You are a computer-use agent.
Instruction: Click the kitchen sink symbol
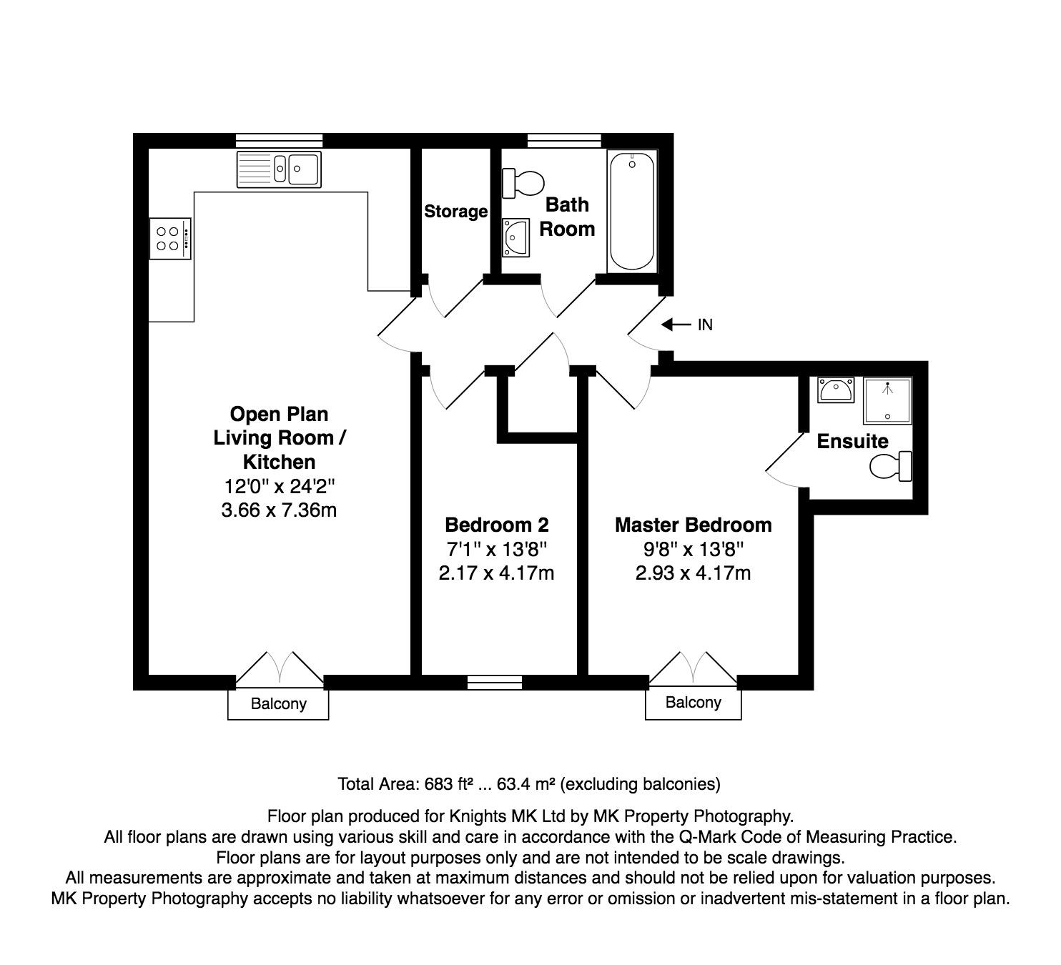click(x=279, y=169)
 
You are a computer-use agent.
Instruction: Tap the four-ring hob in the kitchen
click(x=169, y=239)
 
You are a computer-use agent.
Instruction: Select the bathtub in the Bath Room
click(x=632, y=212)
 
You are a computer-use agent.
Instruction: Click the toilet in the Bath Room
click(x=523, y=183)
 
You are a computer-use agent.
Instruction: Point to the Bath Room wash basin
click(x=515, y=238)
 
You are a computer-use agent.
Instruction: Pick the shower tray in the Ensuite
click(x=887, y=400)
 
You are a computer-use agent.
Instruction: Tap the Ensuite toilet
click(x=891, y=466)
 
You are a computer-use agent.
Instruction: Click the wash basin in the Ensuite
click(x=836, y=390)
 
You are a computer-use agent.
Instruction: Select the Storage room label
click(x=456, y=212)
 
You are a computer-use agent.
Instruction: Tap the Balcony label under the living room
click(x=279, y=703)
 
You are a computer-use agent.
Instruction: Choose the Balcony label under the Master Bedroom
click(x=694, y=702)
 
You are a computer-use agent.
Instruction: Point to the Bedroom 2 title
click(x=497, y=525)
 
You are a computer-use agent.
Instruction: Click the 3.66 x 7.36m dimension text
click(x=279, y=510)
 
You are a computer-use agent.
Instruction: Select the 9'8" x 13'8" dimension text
click(x=693, y=549)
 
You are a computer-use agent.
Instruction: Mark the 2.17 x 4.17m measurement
click(x=496, y=573)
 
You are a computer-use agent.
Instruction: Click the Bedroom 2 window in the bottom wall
click(x=495, y=683)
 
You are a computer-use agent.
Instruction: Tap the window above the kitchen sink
click(x=279, y=141)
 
